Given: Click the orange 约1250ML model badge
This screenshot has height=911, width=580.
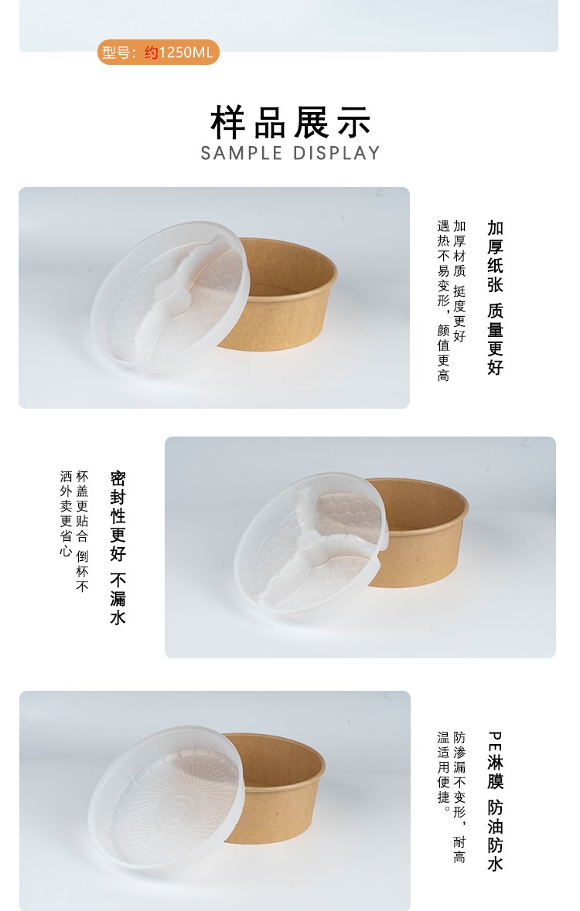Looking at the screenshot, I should coord(159,53).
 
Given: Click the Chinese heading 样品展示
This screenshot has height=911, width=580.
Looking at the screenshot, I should coord(291,121).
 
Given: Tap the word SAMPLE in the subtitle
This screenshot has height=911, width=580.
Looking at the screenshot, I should coord(242,153).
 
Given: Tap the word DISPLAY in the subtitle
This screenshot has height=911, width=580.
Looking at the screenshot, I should coord(336,153).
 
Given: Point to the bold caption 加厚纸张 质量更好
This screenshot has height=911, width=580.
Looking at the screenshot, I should coord(495,297).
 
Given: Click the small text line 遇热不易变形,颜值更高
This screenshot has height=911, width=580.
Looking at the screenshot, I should coord(443,301).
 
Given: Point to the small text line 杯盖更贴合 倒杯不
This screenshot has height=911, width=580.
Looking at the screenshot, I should coord(83,532).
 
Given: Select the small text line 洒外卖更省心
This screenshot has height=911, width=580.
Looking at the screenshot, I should coord(66,514).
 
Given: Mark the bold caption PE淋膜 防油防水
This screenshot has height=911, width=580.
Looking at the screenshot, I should coord(495,801).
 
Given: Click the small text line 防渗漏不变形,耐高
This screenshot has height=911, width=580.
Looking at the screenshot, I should coord(460,797).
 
